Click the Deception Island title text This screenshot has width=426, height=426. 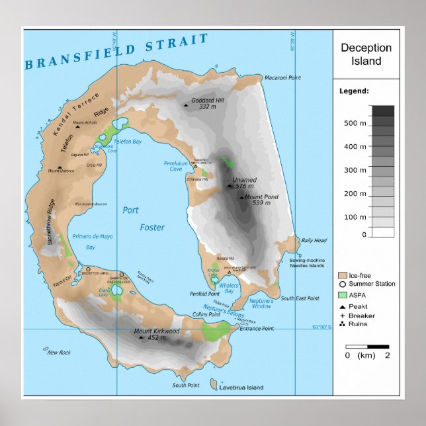coord(366,54)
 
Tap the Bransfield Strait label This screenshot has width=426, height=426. coord(116,52)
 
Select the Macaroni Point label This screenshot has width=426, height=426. coord(282,78)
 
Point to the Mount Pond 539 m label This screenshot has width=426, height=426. coord(261,200)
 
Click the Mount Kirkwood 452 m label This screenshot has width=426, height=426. coord(157,334)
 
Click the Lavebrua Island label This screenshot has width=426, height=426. coord(242,388)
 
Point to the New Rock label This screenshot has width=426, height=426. coord(59,353)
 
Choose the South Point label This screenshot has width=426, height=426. coord(186,385)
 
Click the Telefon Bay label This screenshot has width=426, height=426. coord(128,142)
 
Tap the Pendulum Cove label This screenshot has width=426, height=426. coord(176,166)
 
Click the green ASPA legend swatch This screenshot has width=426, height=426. coord(343,294)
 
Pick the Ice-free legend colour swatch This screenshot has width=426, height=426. coord(343,275)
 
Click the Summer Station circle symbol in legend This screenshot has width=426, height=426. coord(343,284)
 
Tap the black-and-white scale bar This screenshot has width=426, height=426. coord(367,346)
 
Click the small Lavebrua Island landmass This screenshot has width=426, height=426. coord(214,384)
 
